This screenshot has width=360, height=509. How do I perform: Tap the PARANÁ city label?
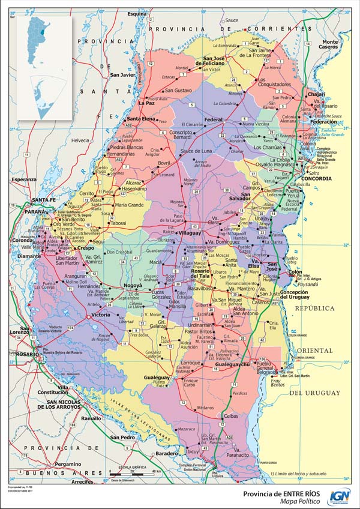click(34, 211)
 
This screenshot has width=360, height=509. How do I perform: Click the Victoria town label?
click(100, 314)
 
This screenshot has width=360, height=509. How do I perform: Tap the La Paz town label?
click(146, 103)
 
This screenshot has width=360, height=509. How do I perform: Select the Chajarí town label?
click(316, 94)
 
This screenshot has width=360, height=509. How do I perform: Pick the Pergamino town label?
click(65, 464)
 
